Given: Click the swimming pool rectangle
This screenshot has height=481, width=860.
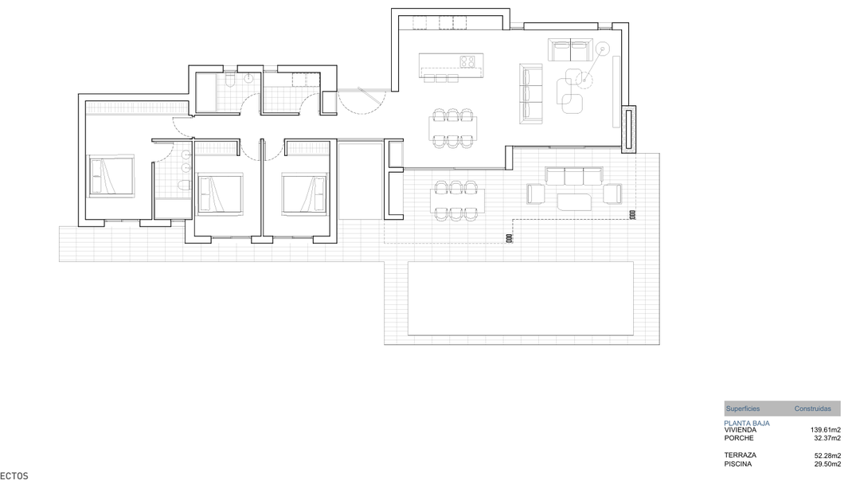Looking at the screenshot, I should [x=520, y=298].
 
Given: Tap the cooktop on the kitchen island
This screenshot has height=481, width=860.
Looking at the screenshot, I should [x=468, y=61].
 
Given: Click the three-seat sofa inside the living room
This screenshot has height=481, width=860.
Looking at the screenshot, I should [x=530, y=94].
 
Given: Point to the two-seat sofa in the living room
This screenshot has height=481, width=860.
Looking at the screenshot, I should [x=569, y=50].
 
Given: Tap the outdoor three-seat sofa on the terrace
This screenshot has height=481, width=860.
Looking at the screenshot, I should [x=574, y=176].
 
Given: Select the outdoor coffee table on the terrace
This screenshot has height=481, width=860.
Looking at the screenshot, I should [x=574, y=201].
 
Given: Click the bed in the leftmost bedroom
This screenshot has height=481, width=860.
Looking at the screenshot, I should [x=111, y=176].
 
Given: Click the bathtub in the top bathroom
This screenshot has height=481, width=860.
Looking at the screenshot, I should [x=206, y=93].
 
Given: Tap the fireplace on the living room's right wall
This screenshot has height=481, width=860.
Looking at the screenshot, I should [x=627, y=130].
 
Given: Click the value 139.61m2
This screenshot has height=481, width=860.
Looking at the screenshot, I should [x=825, y=430].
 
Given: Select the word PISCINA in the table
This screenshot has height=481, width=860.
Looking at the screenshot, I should [x=737, y=463].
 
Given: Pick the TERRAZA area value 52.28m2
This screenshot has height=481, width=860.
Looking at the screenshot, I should [x=827, y=456].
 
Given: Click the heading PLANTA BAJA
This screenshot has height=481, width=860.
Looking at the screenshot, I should [x=746, y=423].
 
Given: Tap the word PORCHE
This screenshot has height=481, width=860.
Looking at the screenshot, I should [x=738, y=438].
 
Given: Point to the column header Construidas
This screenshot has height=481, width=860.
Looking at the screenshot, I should [x=812, y=409].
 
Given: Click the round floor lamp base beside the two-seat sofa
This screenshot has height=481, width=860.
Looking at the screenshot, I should [x=603, y=49].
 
